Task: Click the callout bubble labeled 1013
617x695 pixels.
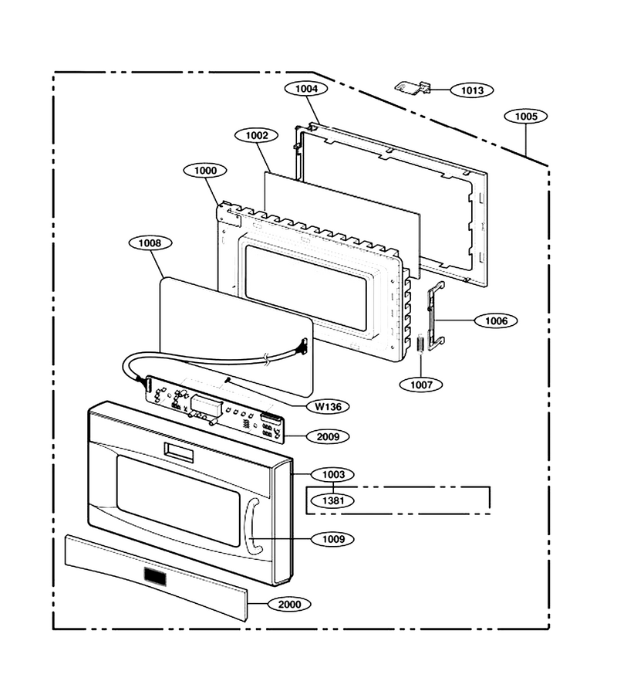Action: [x=472, y=90]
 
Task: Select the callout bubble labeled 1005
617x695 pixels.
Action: [x=526, y=117]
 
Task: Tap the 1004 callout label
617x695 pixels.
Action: [x=306, y=89]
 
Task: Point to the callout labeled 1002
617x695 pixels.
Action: [x=257, y=136]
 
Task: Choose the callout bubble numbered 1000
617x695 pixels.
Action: [x=205, y=171]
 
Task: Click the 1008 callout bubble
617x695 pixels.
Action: [x=150, y=243]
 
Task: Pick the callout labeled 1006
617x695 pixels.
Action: [x=496, y=320]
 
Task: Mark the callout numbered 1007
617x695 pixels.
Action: [x=421, y=385]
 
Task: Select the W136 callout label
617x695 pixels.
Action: [x=328, y=406]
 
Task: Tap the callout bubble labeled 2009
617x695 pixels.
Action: [x=328, y=436]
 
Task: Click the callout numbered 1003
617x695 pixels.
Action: [x=333, y=475]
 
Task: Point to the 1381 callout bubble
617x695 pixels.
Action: [x=333, y=501]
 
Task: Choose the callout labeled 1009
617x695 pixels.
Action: [x=333, y=539]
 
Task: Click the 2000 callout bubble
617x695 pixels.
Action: [x=289, y=604]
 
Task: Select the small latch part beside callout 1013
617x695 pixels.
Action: [x=413, y=87]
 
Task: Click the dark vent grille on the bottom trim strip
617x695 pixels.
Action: [x=155, y=577]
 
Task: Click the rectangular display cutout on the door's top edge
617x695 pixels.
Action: [x=179, y=453]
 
